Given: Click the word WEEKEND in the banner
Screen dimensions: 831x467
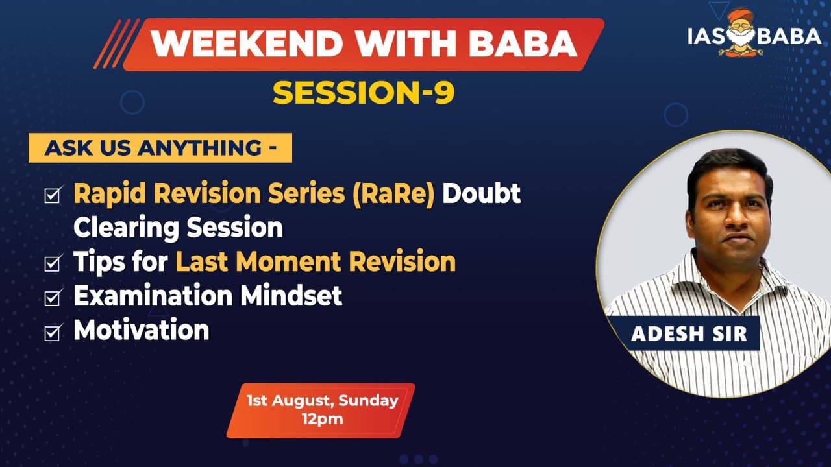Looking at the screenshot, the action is coord(247,43).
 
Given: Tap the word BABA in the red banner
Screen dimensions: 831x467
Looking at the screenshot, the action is coord(523,43).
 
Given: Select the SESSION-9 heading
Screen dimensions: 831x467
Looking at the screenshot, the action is coord(364,93).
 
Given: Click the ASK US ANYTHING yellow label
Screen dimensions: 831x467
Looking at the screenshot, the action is coord(160,148).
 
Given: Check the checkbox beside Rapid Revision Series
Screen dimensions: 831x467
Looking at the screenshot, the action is coord(53,195).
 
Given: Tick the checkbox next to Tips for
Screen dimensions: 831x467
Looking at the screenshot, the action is coord(53,263).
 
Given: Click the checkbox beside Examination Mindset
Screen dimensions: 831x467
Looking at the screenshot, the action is coord(53,297).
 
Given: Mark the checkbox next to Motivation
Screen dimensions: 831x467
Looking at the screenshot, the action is coord(53,331).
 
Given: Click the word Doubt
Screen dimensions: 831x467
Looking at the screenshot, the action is coord(482,193).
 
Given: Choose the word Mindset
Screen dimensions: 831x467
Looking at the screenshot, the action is coord(291,296).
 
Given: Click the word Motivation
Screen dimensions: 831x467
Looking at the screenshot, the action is coord(142,330).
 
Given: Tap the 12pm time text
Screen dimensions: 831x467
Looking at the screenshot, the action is coord(323,420).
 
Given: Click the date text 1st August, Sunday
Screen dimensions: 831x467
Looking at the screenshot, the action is coord(323,401).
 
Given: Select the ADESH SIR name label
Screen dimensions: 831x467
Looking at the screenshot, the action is coord(689,333).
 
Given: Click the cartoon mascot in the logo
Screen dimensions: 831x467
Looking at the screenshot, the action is coord(741,32).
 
